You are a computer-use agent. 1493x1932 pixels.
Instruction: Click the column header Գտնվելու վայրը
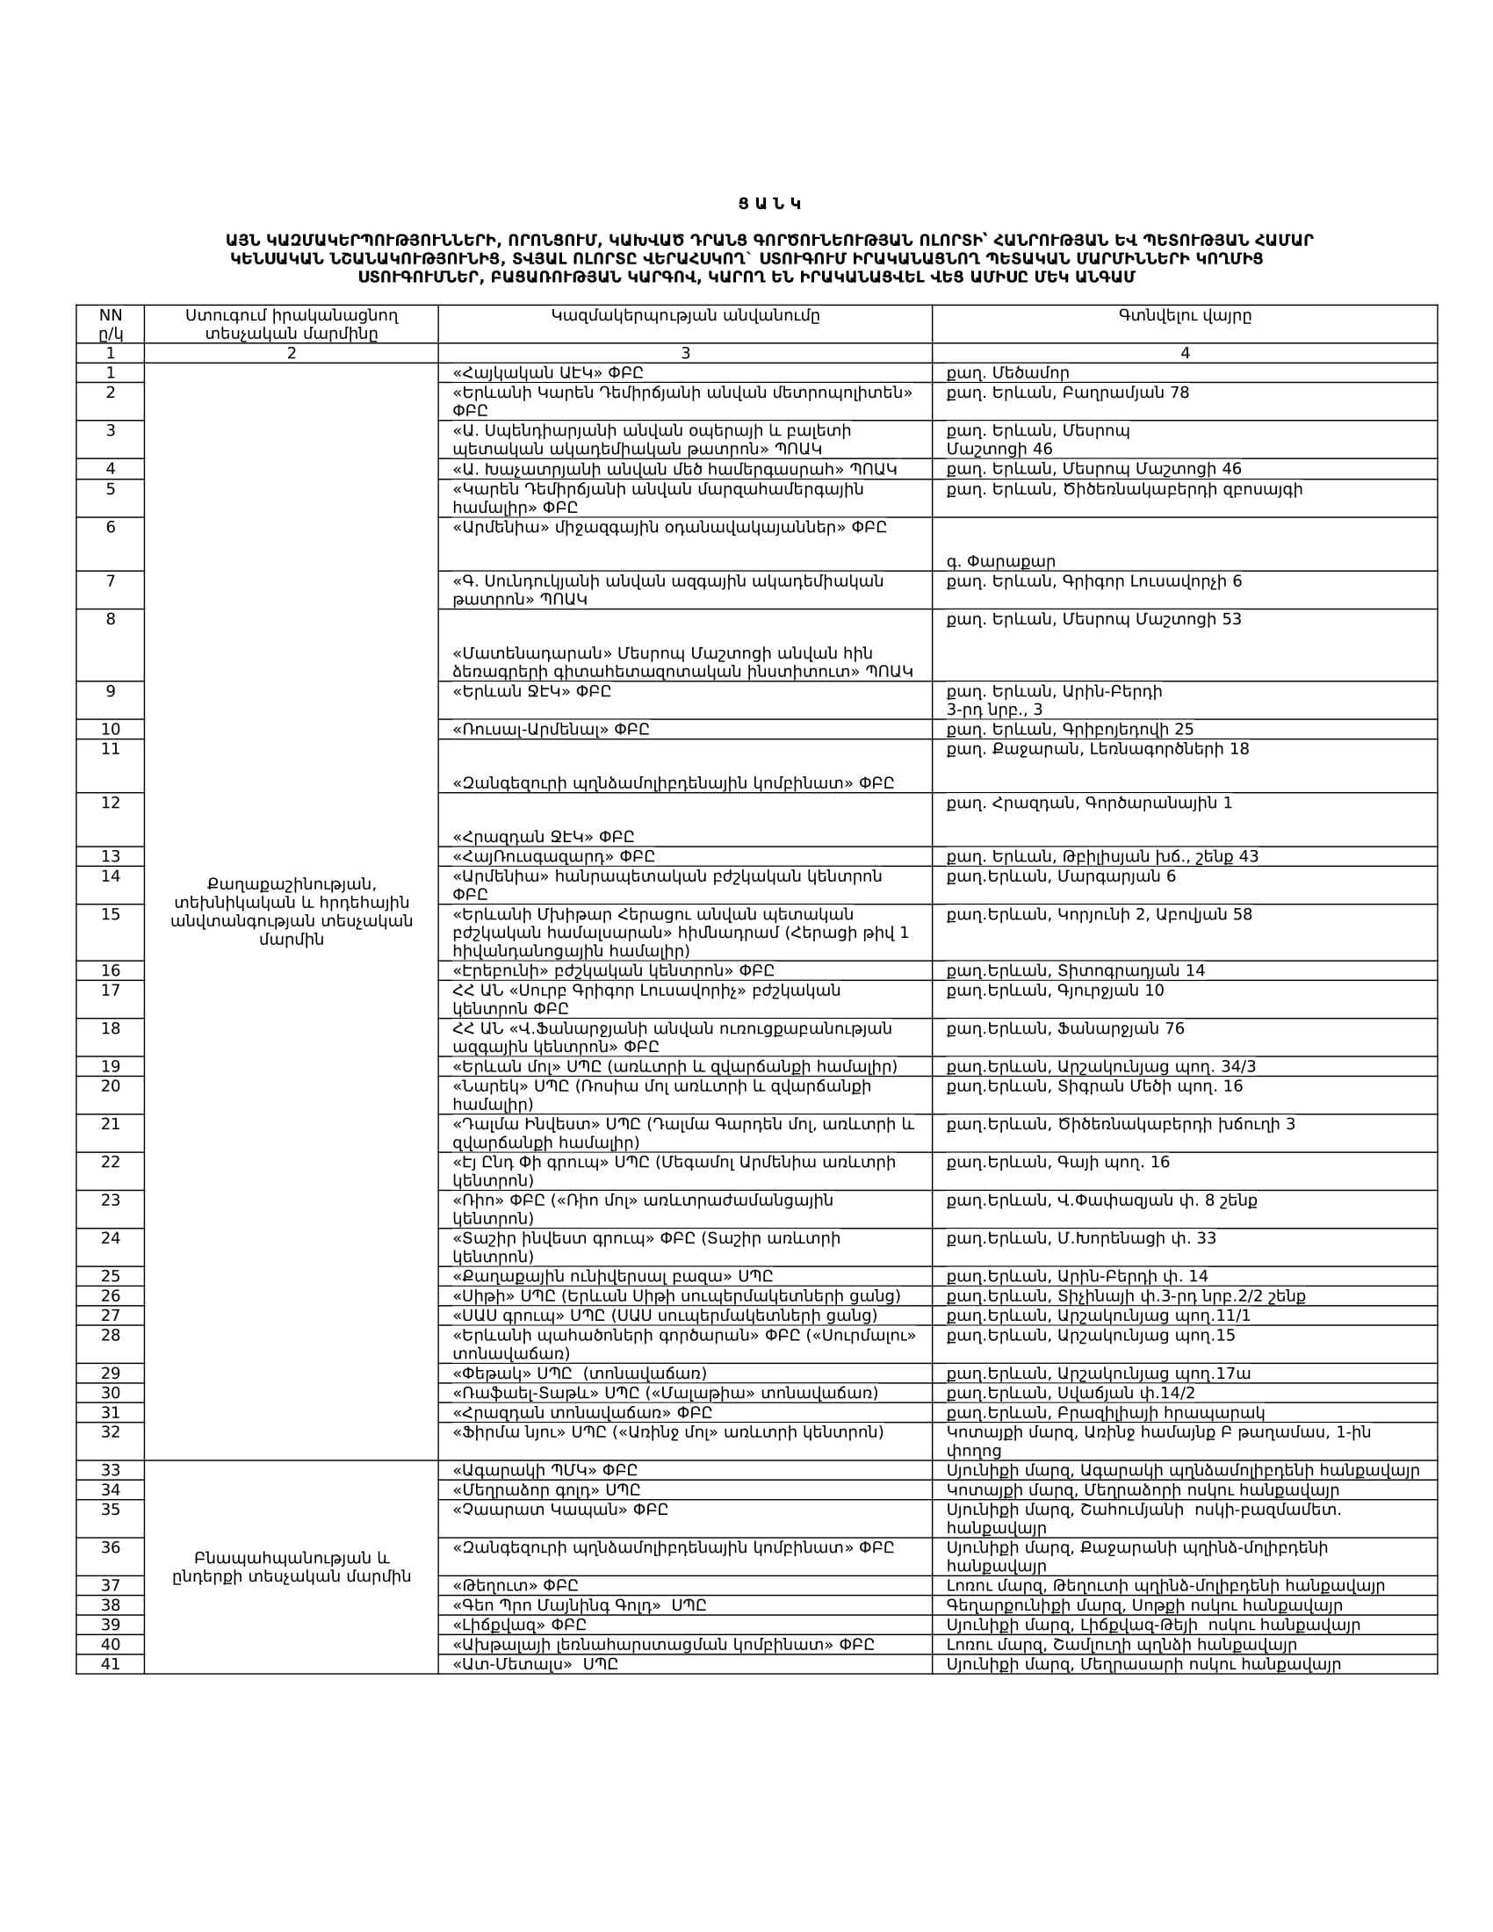(x=1185, y=316)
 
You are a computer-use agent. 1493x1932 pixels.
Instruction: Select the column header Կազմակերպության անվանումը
(x=685, y=316)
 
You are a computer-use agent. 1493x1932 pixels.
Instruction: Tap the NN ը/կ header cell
(x=111, y=325)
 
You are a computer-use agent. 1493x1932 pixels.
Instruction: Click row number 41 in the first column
(x=111, y=1664)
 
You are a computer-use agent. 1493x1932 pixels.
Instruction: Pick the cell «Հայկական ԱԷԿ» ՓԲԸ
(x=547, y=373)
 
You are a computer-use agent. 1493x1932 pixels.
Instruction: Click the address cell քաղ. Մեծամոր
(x=1007, y=373)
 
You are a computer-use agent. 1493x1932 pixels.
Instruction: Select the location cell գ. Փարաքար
(x=1000, y=562)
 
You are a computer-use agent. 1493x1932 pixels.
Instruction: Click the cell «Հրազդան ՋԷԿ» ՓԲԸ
(x=543, y=837)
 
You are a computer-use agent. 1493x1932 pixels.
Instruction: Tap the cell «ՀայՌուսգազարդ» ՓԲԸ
(x=552, y=856)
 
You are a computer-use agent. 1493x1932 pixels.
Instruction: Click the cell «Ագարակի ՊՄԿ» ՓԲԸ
(x=545, y=1471)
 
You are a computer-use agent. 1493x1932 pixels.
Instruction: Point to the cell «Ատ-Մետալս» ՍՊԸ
(x=534, y=1664)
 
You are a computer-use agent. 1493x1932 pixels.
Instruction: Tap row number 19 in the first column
(x=111, y=1067)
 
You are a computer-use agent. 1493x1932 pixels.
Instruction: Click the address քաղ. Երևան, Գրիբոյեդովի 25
(x=1070, y=730)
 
